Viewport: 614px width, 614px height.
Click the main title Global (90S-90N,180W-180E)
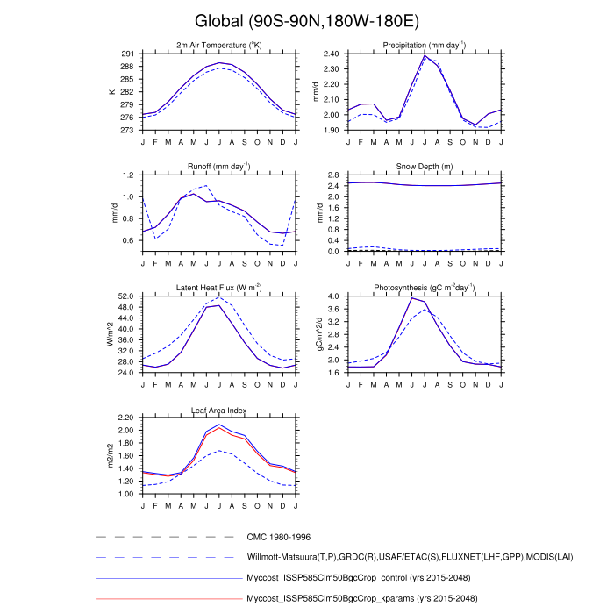(x=307, y=20)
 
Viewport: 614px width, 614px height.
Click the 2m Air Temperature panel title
(x=219, y=46)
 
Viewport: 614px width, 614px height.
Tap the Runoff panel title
(x=219, y=167)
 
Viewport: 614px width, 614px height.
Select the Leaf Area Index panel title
(x=219, y=410)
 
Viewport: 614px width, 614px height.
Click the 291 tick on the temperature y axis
(x=127, y=54)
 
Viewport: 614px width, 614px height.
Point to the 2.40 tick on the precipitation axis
(x=330, y=54)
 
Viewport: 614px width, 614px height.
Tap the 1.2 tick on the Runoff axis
(x=130, y=175)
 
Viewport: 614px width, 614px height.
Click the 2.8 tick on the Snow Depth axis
(x=333, y=175)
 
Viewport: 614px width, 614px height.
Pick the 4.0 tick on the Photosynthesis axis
(x=333, y=296)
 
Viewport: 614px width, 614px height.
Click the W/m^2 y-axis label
(x=111, y=334)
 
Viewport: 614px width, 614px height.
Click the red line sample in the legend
(x=166, y=598)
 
